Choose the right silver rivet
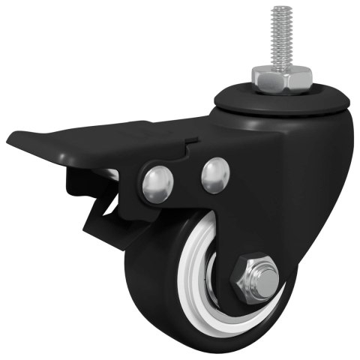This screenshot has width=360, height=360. (x=216, y=175)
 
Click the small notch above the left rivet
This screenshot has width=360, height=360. (x=192, y=141)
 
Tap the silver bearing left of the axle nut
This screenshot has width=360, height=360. (x=217, y=285)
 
